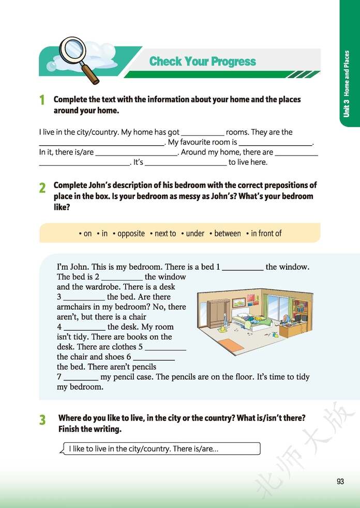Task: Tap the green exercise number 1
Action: tap(42, 100)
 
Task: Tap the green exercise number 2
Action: tap(42, 188)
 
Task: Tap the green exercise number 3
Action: tap(42, 420)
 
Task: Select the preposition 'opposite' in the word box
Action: tap(131, 234)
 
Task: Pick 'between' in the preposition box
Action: tap(227, 234)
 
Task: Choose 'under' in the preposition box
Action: tap(195, 234)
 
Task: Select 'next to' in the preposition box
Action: tap(165, 234)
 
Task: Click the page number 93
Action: tap(340, 482)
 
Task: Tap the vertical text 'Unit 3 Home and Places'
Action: tap(347, 83)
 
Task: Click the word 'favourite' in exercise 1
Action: tap(205, 142)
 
